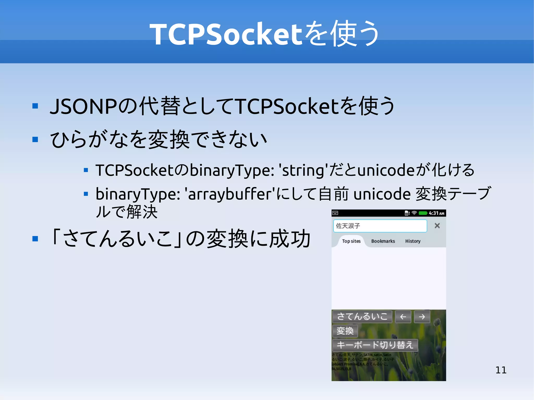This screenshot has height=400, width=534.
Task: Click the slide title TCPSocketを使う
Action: click(x=264, y=34)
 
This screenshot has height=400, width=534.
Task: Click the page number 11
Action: click(x=501, y=370)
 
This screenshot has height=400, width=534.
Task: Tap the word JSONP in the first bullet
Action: click(x=83, y=106)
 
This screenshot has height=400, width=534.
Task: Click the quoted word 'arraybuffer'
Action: click(x=230, y=194)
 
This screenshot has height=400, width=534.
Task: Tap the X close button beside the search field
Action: click(x=437, y=226)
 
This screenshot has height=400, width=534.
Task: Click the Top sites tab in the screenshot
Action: click(x=351, y=241)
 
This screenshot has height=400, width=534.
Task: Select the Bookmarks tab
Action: click(x=383, y=241)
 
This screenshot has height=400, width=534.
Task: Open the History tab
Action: click(x=413, y=241)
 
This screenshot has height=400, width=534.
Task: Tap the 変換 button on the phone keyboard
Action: click(x=345, y=331)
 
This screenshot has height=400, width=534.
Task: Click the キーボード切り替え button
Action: click(x=375, y=345)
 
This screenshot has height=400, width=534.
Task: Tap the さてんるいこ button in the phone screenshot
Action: click(x=362, y=317)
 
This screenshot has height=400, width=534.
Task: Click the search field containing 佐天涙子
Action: click(x=380, y=226)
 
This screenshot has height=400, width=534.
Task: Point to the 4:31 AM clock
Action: click(x=436, y=213)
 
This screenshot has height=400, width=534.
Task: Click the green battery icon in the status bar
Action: click(x=423, y=213)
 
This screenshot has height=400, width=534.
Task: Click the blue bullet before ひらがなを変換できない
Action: click(x=35, y=140)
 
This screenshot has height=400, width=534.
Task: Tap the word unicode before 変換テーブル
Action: click(x=382, y=194)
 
